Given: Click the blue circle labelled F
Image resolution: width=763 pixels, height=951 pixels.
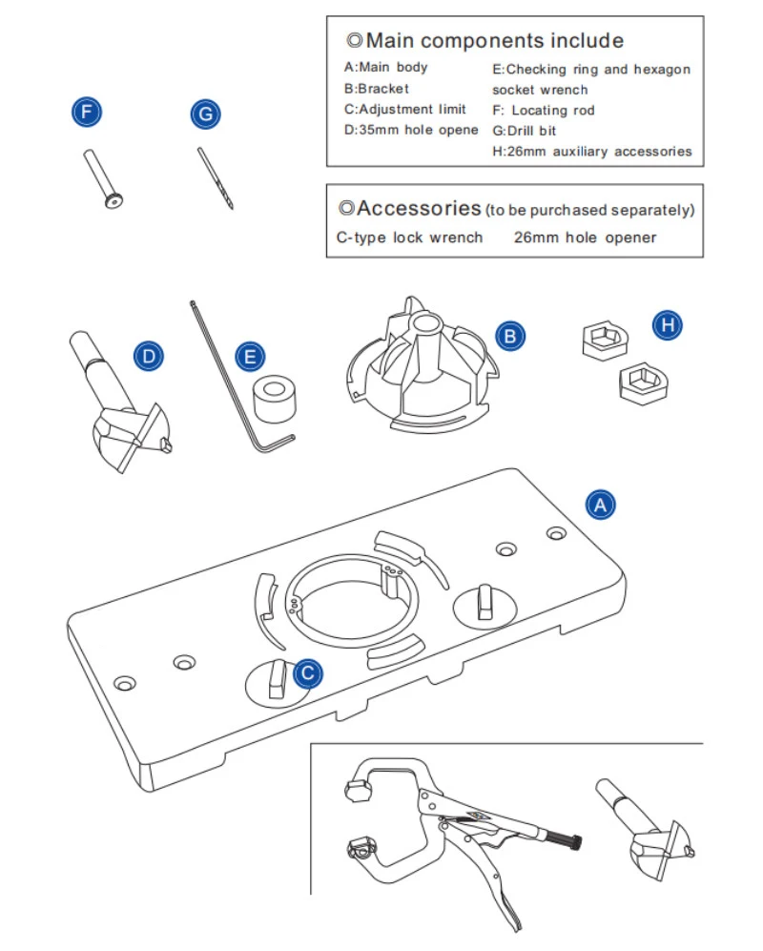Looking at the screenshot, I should click(88, 113).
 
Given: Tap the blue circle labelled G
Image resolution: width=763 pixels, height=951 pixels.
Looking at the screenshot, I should click(205, 114).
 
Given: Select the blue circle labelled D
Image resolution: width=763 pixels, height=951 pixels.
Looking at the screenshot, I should click(148, 358).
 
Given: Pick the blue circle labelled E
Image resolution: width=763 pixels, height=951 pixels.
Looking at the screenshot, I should click(250, 358).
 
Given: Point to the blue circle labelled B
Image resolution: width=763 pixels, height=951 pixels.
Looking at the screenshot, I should click(510, 336).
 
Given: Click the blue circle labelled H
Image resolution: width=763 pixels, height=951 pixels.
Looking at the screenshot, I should click(669, 326).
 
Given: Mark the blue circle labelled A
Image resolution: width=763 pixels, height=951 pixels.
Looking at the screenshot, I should click(599, 505).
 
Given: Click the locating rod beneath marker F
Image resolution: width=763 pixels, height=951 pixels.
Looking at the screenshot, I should click(103, 177).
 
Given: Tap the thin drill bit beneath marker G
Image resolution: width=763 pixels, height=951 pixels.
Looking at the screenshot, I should click(216, 177).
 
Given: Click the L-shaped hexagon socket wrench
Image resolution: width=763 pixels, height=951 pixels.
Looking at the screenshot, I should click(238, 382).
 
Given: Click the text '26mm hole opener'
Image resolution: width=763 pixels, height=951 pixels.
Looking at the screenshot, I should click(585, 238).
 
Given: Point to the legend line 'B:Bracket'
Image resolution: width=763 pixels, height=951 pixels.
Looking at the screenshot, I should click(377, 89).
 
